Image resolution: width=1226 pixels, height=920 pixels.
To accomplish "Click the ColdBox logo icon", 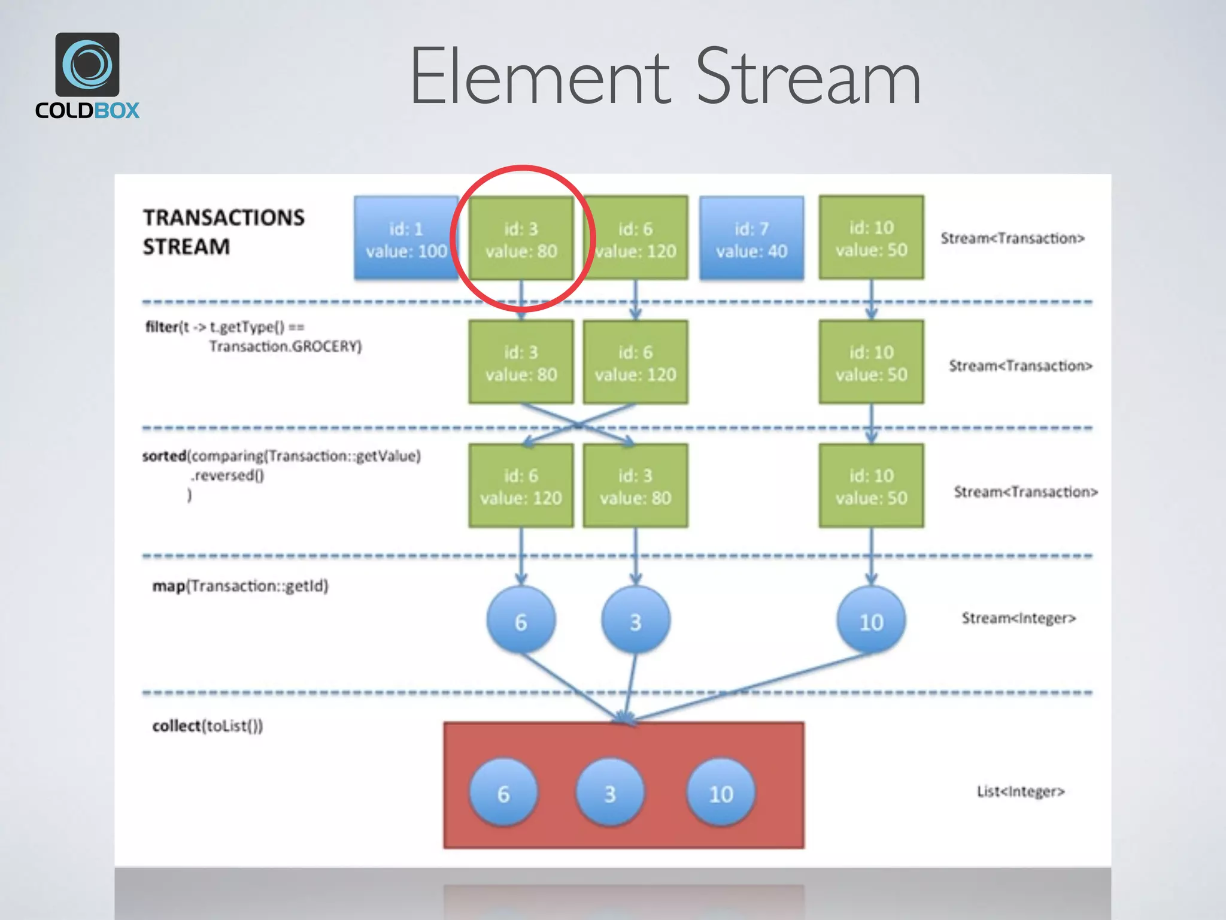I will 87,65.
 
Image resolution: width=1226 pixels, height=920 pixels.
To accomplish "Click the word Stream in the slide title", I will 808,78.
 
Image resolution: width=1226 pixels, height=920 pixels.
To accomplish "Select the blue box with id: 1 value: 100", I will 406,238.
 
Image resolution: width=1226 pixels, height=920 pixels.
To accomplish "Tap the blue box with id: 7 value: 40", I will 751,238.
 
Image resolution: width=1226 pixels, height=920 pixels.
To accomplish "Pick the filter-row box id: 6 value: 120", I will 635,362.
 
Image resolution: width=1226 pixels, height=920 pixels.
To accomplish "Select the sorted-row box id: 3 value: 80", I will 635,486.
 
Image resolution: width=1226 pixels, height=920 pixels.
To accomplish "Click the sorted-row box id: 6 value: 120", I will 521,486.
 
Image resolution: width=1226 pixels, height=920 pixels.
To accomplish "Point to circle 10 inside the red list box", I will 721,793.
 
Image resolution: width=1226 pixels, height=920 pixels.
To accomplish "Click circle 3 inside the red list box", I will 609,793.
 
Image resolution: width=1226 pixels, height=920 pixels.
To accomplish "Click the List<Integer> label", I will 1021,791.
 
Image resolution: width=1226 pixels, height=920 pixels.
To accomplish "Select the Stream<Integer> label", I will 1018,618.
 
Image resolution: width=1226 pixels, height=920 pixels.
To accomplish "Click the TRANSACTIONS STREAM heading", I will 223,232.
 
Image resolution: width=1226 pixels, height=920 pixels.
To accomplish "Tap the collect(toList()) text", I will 207,725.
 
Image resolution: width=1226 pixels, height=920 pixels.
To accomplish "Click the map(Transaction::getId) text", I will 240,585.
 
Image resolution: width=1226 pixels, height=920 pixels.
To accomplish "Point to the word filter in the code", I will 162,326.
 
